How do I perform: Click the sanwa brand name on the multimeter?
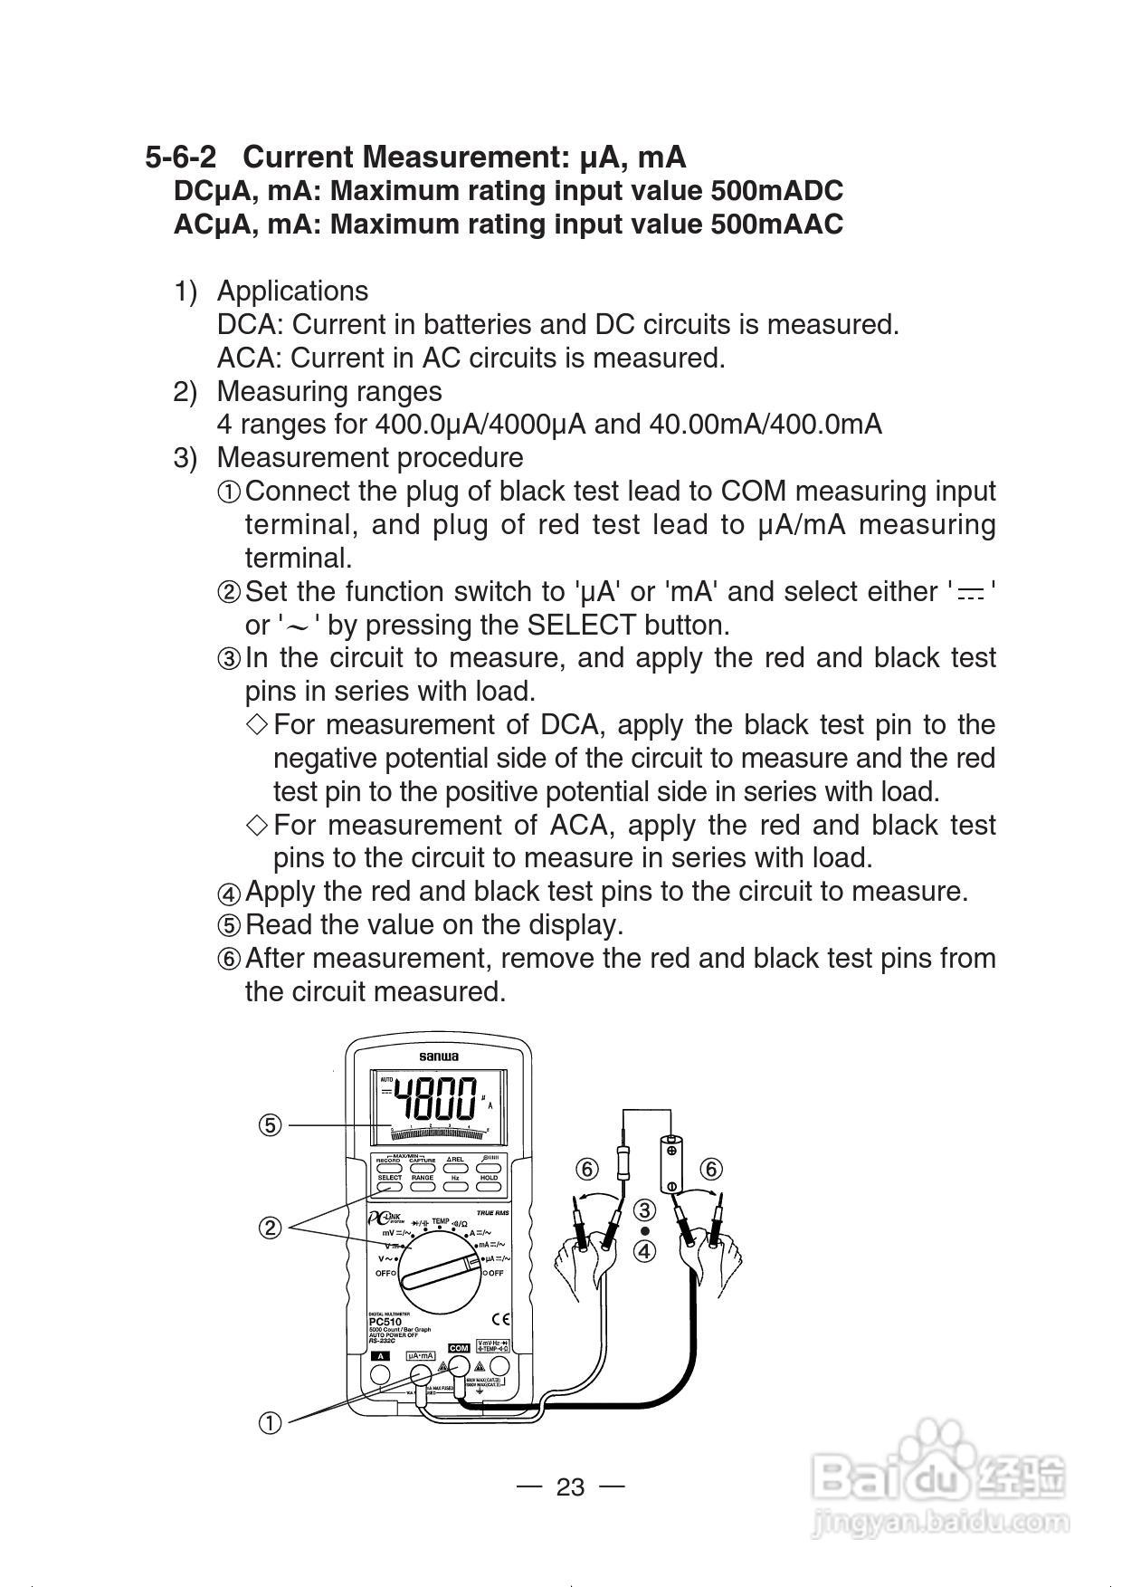coord(438,1056)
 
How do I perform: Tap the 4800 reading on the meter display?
coord(438,1100)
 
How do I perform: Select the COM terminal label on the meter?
coord(459,1349)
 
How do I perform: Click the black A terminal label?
coord(381,1356)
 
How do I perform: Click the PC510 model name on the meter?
coord(385,1322)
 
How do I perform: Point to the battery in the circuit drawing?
coord(671,1166)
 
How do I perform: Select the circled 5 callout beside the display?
coord(270,1125)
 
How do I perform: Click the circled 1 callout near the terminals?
coord(270,1423)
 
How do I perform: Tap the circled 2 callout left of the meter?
coord(270,1228)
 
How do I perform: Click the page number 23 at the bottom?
coord(570,1487)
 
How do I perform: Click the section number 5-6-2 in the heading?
coord(181,158)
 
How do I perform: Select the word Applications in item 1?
coord(292,292)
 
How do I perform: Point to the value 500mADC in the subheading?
coord(776,191)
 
